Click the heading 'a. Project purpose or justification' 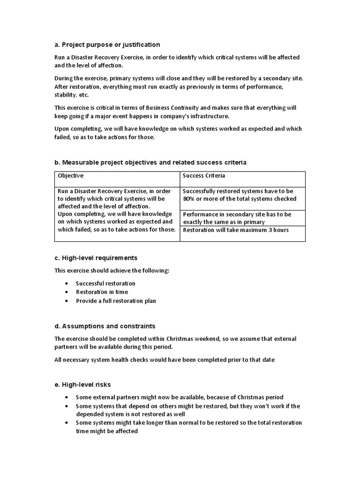[x=107, y=45]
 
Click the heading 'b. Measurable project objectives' [x=150, y=162]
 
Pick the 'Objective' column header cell [x=70, y=176]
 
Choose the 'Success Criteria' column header [x=204, y=176]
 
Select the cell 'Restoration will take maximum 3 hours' [x=236, y=230]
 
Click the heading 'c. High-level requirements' [x=96, y=258]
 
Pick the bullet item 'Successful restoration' [x=105, y=284]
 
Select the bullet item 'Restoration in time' [x=102, y=292]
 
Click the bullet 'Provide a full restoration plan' [x=116, y=301]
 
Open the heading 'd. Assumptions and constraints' [x=105, y=326]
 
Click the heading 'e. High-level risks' [x=82, y=384]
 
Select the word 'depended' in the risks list [x=89, y=414]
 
